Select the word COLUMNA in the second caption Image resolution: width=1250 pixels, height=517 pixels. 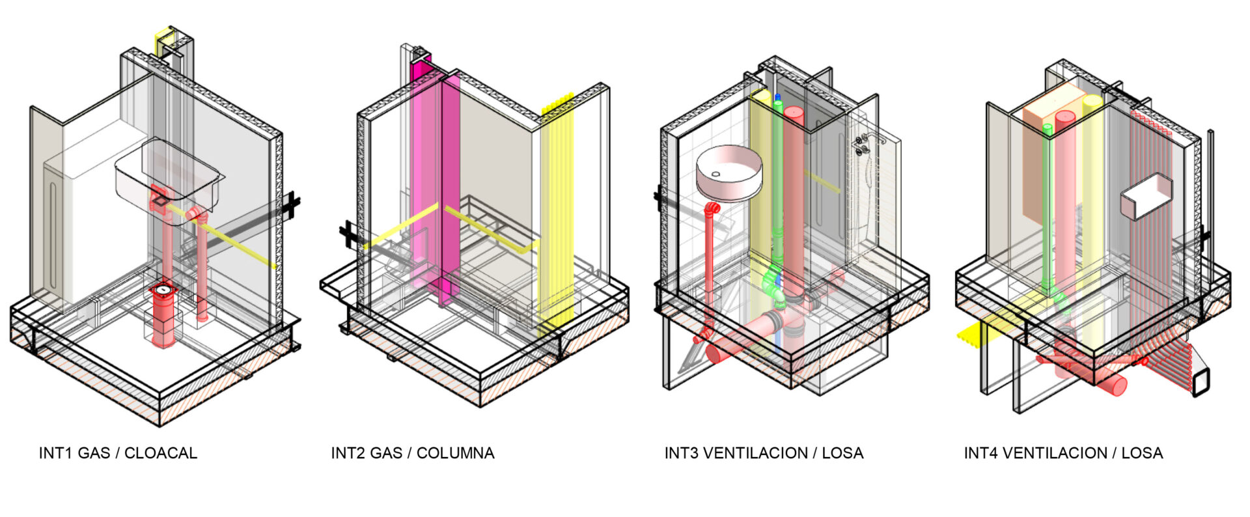click(x=455, y=453)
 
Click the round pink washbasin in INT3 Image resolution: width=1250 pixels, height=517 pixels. click(x=729, y=173)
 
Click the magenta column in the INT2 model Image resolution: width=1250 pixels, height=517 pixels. click(x=449, y=189)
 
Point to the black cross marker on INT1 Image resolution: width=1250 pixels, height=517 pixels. click(x=291, y=205)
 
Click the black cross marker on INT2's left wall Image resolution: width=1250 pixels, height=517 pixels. click(x=348, y=234)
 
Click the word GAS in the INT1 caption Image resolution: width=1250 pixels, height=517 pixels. click(x=94, y=453)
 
